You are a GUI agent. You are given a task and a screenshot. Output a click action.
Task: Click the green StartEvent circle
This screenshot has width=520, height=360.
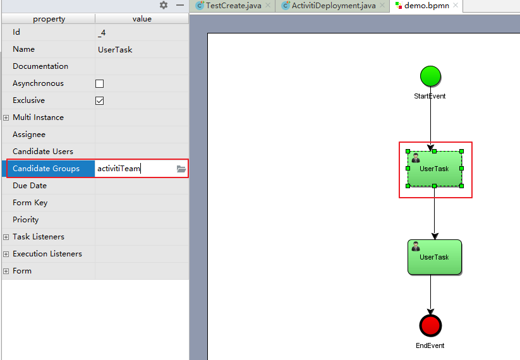tap(430, 76)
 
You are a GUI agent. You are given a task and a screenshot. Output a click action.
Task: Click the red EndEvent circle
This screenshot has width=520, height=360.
tap(430, 325)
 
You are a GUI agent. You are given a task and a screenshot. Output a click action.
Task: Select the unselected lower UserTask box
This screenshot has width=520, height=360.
tap(435, 257)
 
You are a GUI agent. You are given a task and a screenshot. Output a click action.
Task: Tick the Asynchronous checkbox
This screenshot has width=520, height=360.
tap(99, 83)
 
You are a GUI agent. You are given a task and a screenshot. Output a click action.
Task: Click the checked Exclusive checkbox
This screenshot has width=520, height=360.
tap(99, 100)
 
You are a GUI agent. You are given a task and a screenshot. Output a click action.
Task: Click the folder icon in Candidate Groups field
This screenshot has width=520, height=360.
tap(181, 169)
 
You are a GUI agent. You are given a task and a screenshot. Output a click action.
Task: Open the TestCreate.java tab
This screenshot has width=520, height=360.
tap(234, 6)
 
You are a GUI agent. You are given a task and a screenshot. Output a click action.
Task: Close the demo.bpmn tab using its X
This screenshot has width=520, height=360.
tap(456, 5)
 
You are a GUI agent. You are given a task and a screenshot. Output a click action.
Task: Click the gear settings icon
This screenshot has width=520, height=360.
tap(164, 5)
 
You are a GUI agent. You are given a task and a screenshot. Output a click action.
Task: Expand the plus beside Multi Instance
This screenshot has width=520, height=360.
tap(6, 117)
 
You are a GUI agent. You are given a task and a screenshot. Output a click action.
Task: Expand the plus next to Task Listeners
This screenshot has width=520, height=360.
tap(6, 237)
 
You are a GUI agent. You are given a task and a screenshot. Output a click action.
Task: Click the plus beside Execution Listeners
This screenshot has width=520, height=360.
tap(6, 254)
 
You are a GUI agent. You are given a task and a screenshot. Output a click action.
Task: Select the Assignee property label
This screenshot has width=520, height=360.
tap(29, 135)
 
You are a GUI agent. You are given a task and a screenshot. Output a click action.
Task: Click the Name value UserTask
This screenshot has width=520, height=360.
tap(115, 50)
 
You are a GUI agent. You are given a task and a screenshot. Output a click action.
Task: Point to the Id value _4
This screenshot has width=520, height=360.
tap(102, 33)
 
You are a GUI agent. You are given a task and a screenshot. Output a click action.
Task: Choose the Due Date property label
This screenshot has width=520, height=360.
tap(30, 186)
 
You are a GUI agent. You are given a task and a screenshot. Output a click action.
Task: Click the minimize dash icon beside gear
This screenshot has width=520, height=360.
tap(180, 5)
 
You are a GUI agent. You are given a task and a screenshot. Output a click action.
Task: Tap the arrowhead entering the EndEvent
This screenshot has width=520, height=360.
tap(430, 311)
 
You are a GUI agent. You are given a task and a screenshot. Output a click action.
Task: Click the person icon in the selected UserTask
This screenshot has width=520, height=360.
tap(416, 158)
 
